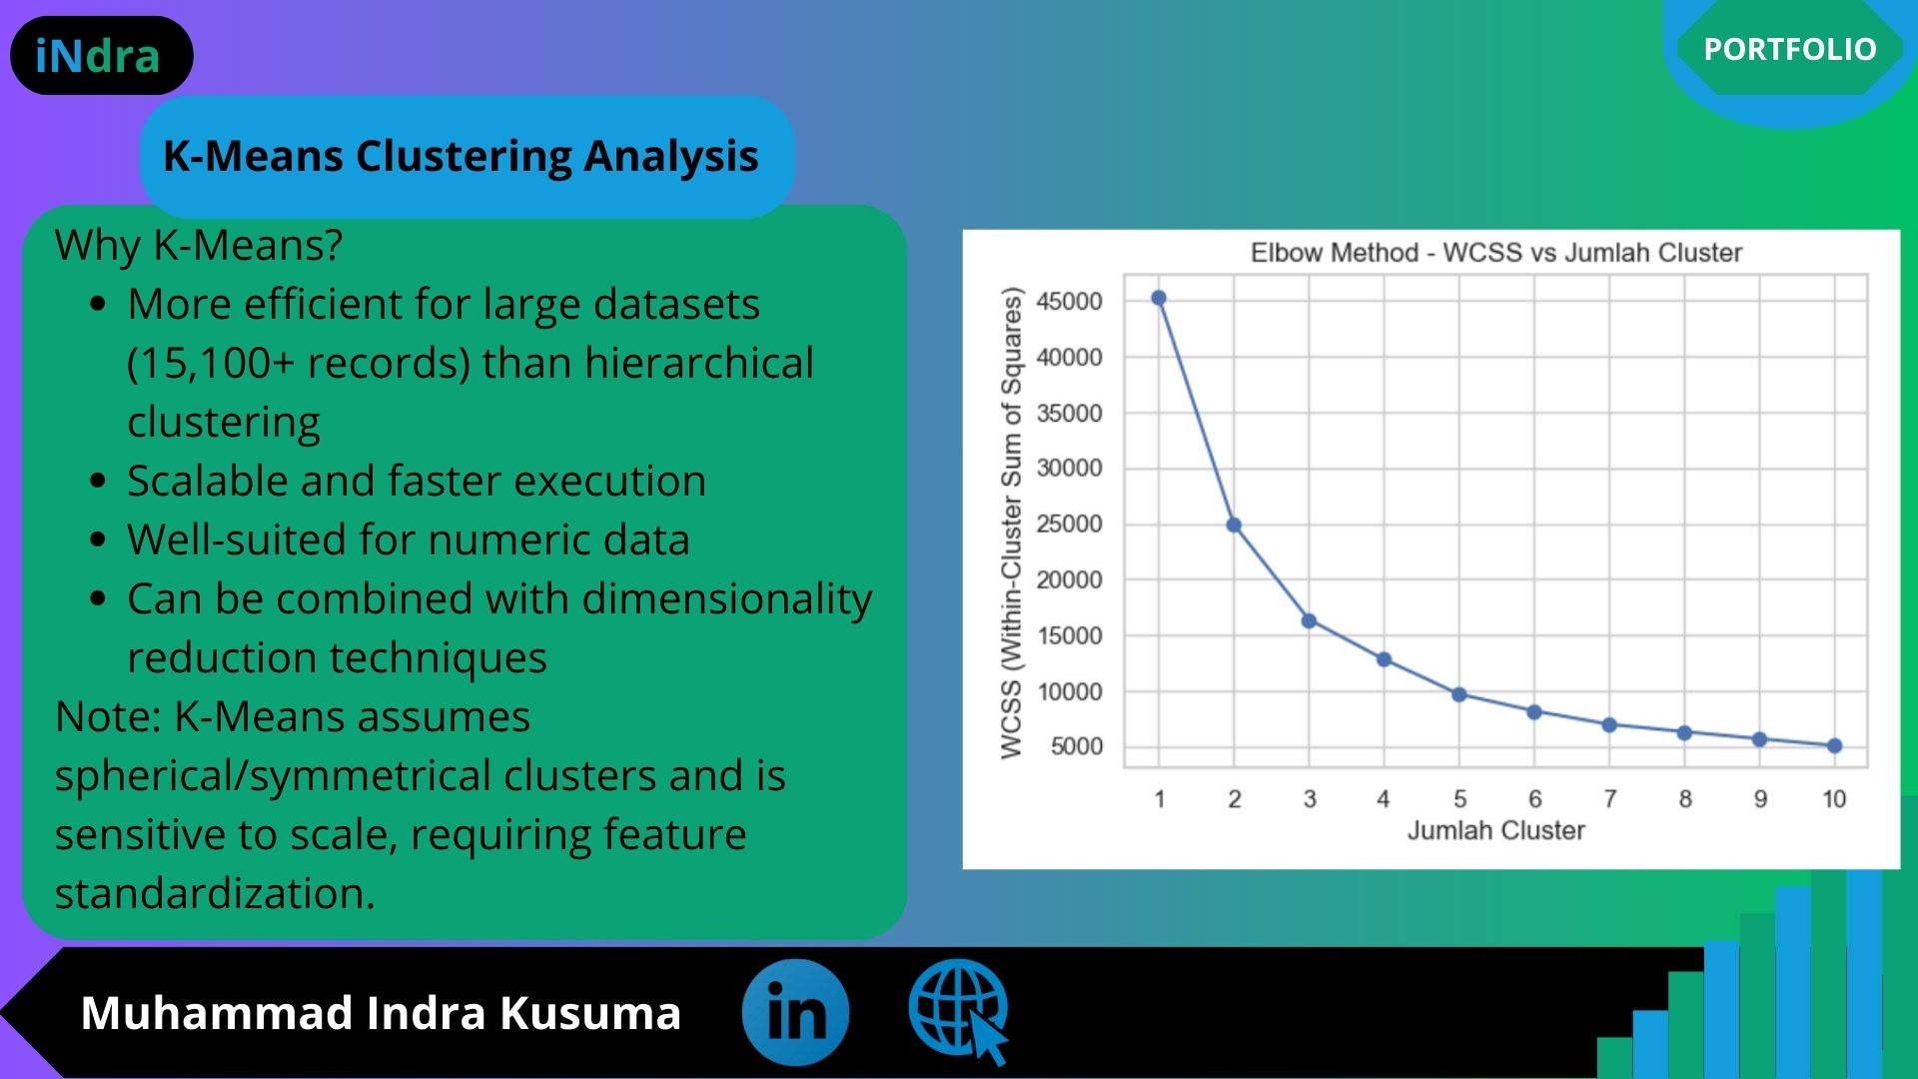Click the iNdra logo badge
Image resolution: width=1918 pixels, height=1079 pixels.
[x=101, y=56]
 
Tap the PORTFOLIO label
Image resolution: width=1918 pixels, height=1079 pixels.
[x=1790, y=49]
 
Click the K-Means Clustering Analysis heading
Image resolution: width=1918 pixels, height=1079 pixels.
[x=461, y=156]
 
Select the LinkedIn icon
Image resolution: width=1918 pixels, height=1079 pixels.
[x=795, y=1012]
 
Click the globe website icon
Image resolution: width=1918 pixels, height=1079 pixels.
[x=958, y=1011]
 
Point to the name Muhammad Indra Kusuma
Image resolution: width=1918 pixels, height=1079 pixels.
[x=381, y=1012]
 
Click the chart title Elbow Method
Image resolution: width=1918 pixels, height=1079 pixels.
[x=1496, y=253]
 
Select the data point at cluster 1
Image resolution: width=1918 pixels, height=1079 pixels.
[x=1159, y=298]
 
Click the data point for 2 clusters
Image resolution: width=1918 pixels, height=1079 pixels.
[x=1234, y=525]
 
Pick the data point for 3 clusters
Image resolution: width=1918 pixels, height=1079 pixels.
[x=1309, y=620]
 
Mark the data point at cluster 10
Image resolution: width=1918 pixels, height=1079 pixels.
[x=1834, y=745]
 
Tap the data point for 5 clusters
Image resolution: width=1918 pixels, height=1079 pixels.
[x=1458, y=694]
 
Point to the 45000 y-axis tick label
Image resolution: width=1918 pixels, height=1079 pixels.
[x=1069, y=301]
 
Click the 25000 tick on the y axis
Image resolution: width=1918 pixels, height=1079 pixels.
[x=1069, y=524]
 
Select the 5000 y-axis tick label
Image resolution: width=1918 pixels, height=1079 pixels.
[x=1077, y=746]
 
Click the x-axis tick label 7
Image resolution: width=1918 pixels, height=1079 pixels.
[x=1609, y=799]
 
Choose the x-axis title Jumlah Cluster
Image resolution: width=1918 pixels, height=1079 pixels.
[x=1496, y=830]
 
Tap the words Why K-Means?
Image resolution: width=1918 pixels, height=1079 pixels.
[x=199, y=245]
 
